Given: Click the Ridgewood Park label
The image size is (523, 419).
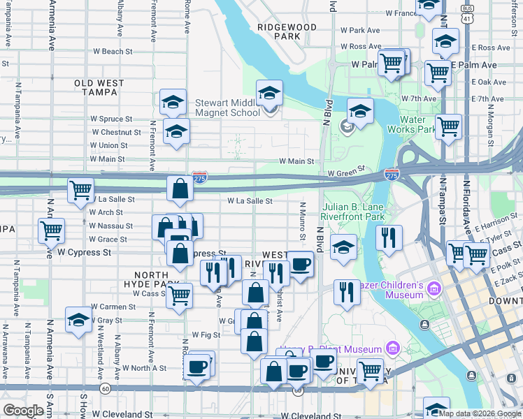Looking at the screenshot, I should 287,31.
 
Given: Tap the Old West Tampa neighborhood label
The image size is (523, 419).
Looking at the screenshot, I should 99,87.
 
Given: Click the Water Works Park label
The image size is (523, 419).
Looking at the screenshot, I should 423,124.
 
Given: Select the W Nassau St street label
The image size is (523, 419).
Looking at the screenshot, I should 111,226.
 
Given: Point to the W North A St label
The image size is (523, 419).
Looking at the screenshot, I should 144,367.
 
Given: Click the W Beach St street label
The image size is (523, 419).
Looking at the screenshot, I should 112,52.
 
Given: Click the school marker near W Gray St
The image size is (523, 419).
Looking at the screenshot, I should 78,320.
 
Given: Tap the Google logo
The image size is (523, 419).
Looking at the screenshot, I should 23,411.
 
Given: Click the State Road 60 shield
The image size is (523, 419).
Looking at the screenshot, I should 104,388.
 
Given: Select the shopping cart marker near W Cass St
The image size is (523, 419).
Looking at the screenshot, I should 180,295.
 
